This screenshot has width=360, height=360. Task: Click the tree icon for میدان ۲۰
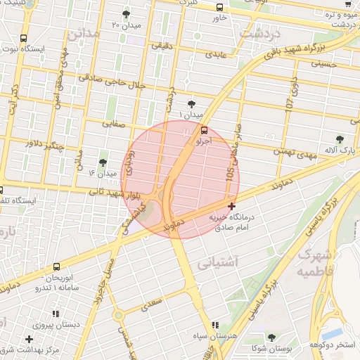[x=126, y=14]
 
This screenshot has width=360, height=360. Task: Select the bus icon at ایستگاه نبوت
[x=24, y=39]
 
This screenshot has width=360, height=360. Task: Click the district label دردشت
[x=261, y=33]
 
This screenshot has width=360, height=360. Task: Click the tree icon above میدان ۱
[x=191, y=104]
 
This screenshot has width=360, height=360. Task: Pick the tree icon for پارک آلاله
[x=341, y=139]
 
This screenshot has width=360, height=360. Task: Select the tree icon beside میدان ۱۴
[x=103, y=162]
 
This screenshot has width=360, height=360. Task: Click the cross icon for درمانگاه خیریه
[x=231, y=206]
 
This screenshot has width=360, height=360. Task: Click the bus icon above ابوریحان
[x=56, y=266]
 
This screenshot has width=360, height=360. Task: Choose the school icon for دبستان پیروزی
[x=55, y=314]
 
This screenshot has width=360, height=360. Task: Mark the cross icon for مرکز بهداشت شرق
[x=29, y=340]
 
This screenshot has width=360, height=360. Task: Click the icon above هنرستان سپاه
[x=215, y=324]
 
